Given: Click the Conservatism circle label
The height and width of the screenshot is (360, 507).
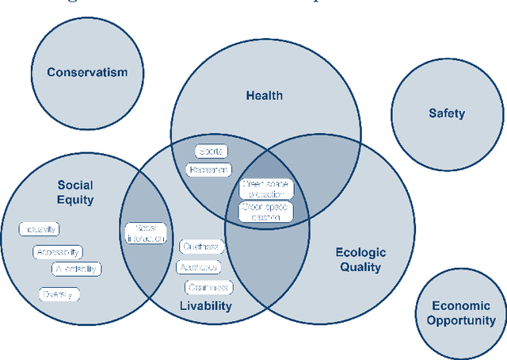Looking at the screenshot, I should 86,73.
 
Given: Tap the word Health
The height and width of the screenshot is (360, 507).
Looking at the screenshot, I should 265,97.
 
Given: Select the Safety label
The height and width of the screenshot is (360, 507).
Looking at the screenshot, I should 447,113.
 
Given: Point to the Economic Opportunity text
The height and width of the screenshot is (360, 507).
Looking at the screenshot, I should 461,313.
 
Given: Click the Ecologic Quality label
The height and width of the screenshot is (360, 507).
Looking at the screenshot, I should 361,259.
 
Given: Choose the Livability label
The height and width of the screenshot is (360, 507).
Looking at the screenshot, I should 205,306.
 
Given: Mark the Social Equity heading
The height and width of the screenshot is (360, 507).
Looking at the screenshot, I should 75,193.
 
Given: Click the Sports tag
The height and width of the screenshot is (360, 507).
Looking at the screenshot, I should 211,151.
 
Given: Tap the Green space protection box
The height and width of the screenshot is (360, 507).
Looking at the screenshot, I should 266,189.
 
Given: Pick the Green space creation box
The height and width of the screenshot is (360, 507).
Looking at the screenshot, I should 266,211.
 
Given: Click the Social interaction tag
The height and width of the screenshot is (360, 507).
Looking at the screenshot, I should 146,232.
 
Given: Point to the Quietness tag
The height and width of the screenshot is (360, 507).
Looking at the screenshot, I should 201,247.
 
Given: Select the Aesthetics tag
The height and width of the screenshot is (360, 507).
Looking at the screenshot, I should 198,267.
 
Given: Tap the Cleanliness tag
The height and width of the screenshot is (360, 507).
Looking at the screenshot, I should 208,287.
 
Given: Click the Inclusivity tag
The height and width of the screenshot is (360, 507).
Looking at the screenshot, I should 40,229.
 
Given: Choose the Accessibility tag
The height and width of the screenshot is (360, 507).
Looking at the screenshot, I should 57,252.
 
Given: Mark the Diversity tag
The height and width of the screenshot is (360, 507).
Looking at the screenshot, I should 60,294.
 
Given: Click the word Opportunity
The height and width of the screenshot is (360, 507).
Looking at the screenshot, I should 461,321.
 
